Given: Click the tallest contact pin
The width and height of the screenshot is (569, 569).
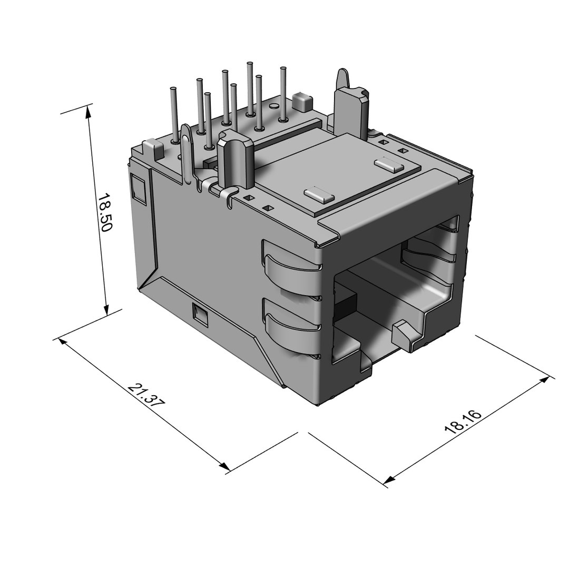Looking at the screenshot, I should (x=250, y=87).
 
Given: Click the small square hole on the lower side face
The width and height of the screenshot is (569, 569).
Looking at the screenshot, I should (x=200, y=315).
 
